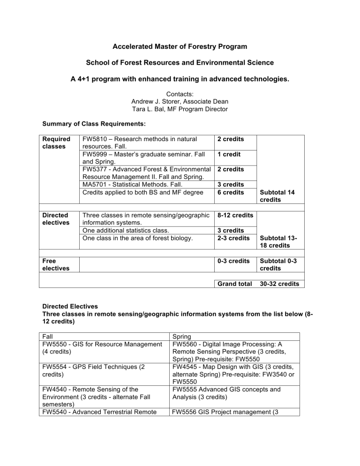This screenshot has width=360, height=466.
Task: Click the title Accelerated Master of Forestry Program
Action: coord(180,47)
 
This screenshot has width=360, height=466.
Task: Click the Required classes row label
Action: coord(56,143)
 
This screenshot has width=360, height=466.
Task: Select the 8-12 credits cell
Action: coord(232,215)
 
